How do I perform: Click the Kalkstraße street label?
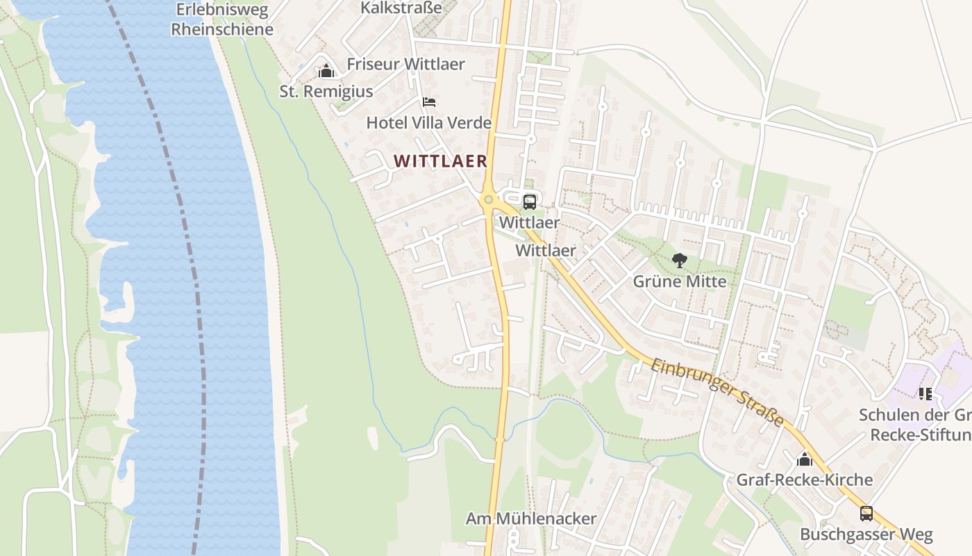[x=401, y=8]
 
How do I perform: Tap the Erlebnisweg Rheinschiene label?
[x=222, y=19]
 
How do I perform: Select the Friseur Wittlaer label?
[x=405, y=64]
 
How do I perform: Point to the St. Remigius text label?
[x=326, y=91]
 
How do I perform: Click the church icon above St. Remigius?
[x=326, y=71]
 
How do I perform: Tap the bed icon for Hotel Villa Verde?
[x=429, y=103]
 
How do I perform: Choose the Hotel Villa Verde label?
[x=428, y=123]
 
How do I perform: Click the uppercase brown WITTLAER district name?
[x=440, y=161]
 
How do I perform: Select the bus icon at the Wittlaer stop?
[x=529, y=202]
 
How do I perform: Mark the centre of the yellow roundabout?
[x=489, y=200]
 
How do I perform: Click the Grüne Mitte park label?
[x=679, y=281]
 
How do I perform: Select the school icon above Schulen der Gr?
[x=925, y=394]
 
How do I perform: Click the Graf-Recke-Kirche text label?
[x=804, y=480]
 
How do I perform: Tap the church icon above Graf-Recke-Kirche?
[x=804, y=459]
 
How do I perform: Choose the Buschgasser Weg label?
[x=866, y=534]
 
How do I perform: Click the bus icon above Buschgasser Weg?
[x=866, y=514]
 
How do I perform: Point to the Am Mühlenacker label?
[x=530, y=518]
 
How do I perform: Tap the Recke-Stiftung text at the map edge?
[x=921, y=435]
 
